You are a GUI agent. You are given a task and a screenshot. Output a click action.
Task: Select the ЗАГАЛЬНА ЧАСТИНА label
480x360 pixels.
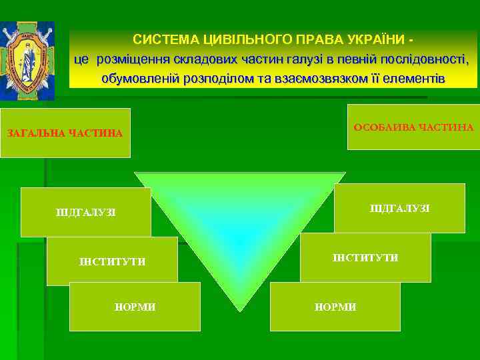(x=65, y=133)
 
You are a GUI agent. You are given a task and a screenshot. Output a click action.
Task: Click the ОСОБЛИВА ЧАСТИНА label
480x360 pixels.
(x=413, y=127)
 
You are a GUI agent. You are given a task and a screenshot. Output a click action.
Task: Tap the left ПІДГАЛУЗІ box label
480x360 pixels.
(x=85, y=213)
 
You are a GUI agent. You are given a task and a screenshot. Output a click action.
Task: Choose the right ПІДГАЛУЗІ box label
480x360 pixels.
(x=399, y=209)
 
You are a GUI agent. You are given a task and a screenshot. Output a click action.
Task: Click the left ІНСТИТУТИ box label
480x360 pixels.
(x=112, y=261)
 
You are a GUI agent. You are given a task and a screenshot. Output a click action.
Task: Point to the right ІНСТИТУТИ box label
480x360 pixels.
(x=365, y=257)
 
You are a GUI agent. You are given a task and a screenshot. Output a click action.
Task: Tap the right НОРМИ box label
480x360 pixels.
(x=335, y=307)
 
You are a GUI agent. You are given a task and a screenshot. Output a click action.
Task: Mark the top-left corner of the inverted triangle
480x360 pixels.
(x=136, y=173)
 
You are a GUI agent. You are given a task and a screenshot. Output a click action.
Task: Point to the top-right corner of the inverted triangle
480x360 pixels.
(x=345, y=173)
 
